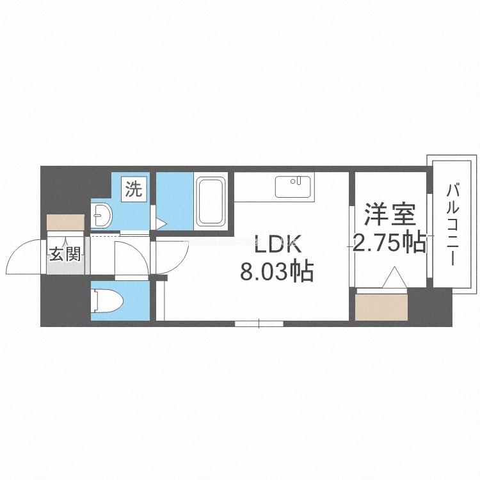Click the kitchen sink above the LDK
[294, 187]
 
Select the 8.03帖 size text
[276, 272]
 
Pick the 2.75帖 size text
[389, 243]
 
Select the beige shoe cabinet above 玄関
[65, 222]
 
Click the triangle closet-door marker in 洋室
[394, 280]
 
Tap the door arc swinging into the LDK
[173, 256]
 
